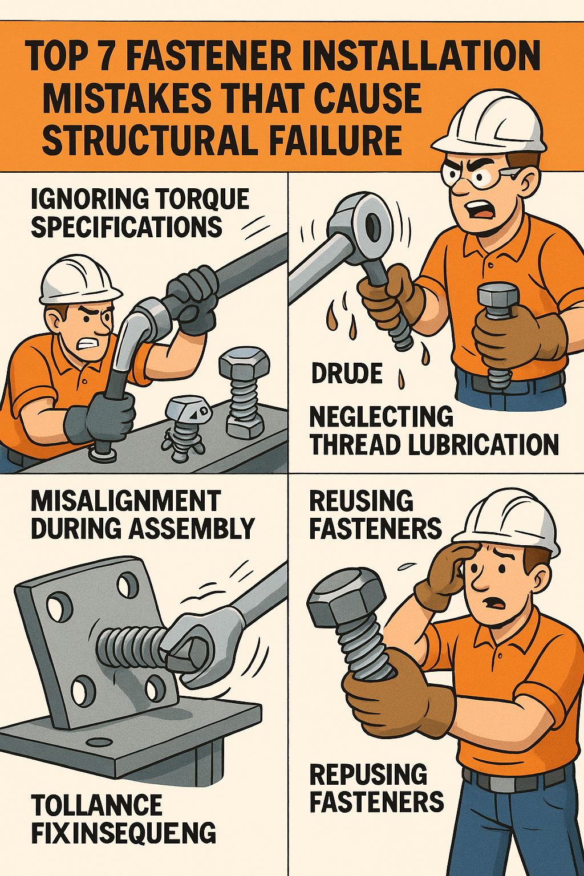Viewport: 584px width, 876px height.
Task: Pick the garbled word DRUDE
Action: point(347,374)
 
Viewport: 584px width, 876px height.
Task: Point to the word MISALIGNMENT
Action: point(125,501)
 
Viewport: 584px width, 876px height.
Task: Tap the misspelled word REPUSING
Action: point(368,775)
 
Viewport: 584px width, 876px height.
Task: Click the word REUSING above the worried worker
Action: point(361,501)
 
